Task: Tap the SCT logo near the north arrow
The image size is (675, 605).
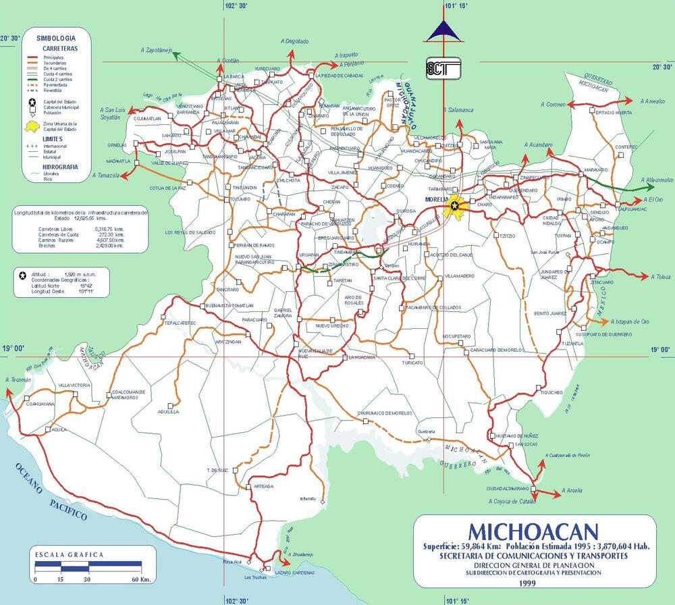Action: [443, 68]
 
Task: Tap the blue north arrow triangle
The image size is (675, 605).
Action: [443, 30]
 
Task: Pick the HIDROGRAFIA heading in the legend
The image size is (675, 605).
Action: [60, 165]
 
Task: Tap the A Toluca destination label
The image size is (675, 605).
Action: [661, 276]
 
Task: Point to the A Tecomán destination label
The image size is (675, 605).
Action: [18, 380]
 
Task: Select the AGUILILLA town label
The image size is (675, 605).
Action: [168, 411]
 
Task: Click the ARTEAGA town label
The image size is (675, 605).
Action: [264, 486]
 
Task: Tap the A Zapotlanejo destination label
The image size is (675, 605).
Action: [157, 49]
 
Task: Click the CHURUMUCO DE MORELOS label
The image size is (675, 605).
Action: [384, 413]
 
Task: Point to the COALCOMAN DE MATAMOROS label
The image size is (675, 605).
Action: [125, 394]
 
